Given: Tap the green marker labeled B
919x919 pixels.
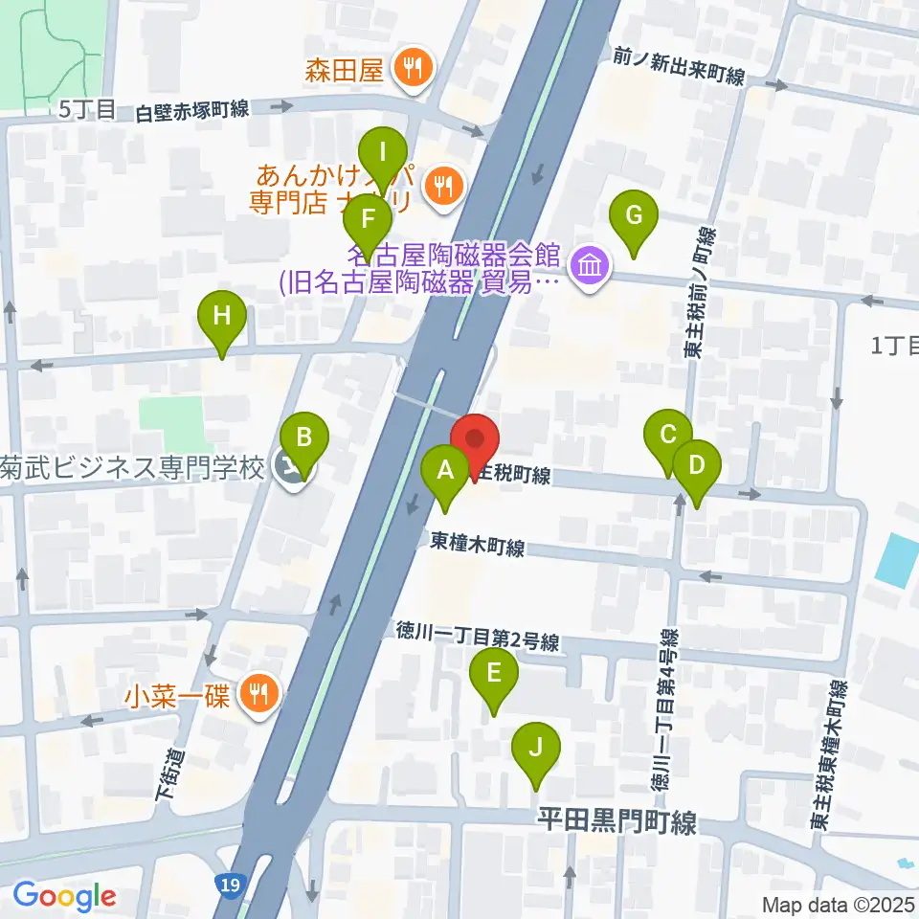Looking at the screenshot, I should click(x=304, y=438).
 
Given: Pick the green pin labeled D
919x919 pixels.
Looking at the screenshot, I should click(x=696, y=466).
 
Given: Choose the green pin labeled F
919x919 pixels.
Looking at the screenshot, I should click(x=367, y=217).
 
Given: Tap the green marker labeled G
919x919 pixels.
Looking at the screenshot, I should click(x=633, y=215).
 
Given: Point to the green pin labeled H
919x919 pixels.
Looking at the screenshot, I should click(x=222, y=316).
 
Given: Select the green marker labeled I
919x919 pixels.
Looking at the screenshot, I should click(x=383, y=153).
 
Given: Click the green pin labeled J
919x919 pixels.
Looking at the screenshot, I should click(x=535, y=748).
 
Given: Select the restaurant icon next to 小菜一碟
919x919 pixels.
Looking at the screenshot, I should click(x=257, y=691).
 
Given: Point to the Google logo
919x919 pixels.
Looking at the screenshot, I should click(x=64, y=896).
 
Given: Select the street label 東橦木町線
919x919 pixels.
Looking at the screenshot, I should click(x=478, y=546).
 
